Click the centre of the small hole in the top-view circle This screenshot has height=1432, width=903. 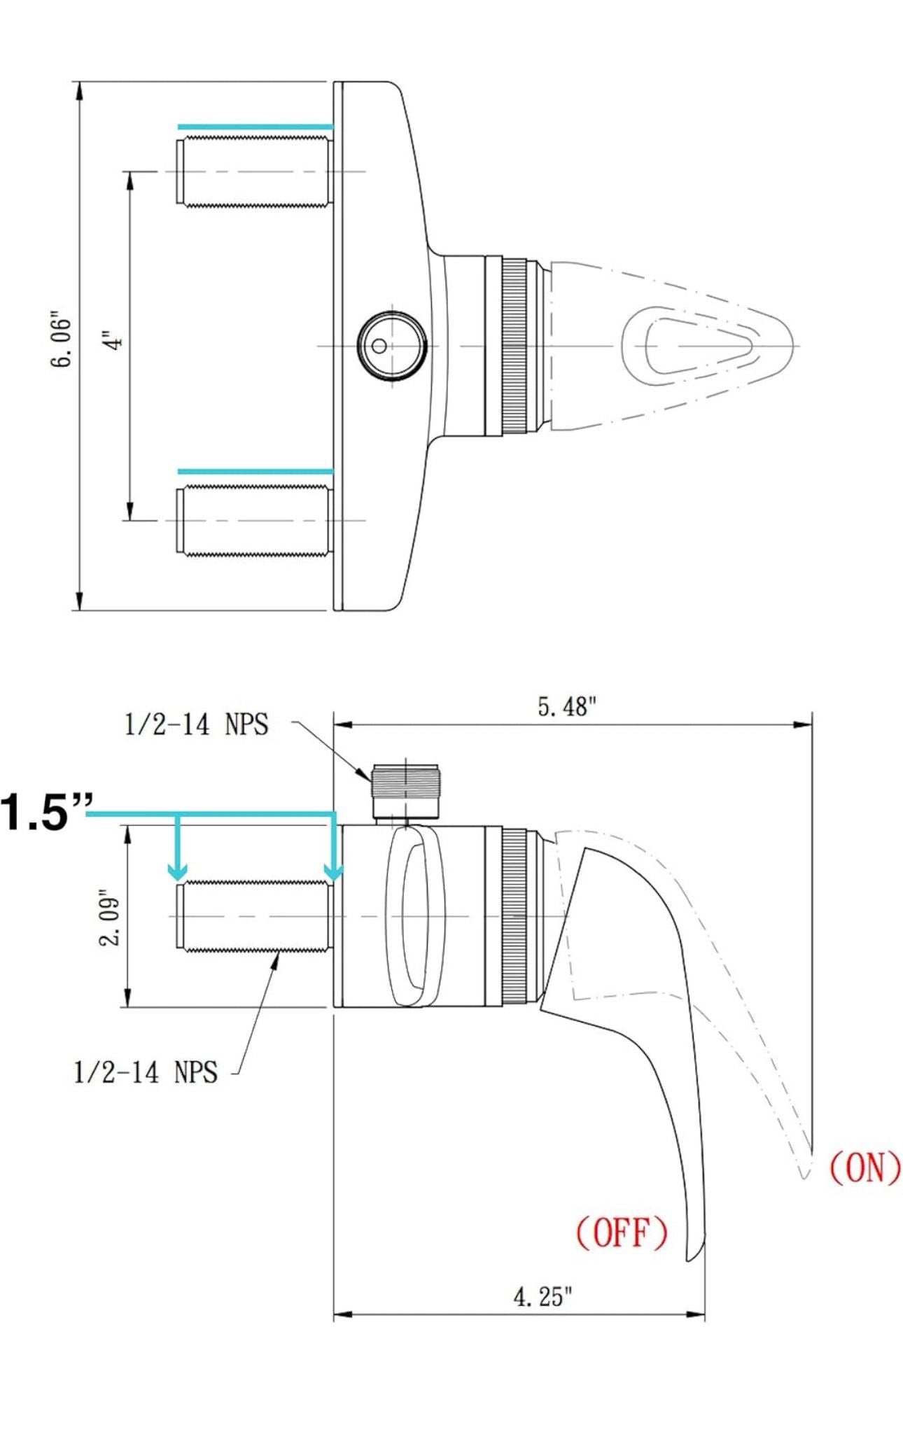tap(379, 346)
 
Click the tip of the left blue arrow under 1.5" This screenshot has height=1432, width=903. tap(178, 879)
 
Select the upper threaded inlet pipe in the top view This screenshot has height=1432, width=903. tap(253, 171)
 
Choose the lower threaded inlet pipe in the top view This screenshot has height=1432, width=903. tap(253, 521)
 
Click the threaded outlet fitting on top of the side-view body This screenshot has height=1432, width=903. tap(406, 792)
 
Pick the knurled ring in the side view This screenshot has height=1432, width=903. tap(514, 916)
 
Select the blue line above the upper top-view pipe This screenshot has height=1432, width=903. tap(255, 127)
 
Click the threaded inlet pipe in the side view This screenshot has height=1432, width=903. tap(253, 916)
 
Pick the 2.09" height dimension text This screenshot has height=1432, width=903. tap(111, 918)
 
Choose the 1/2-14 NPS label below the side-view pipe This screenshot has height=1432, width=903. tap(146, 1072)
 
